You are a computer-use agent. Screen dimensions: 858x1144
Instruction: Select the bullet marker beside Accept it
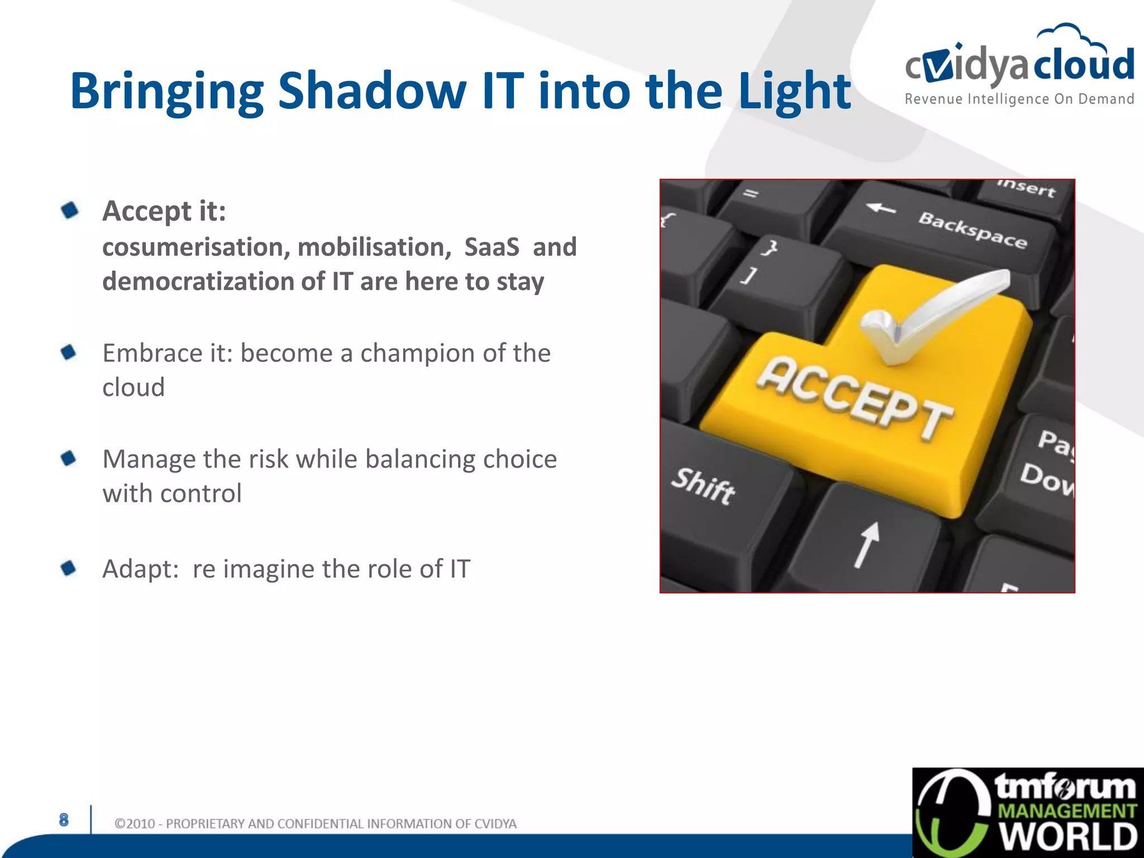[70, 211]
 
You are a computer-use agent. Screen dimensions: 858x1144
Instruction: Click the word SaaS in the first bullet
[492, 247]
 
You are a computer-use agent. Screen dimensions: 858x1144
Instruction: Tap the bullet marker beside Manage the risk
[69, 459]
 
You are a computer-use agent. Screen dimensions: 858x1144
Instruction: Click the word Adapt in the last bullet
[140, 569]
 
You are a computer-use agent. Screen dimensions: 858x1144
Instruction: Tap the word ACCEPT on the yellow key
[855, 397]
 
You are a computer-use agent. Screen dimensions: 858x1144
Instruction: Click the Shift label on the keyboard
[703, 486]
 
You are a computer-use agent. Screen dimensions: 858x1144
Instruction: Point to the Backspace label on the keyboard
[973, 230]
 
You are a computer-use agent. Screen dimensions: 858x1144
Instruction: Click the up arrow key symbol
[866, 544]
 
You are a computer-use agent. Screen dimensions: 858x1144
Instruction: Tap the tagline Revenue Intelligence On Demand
[1019, 99]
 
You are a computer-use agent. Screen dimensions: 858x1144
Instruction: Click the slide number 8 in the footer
[64, 819]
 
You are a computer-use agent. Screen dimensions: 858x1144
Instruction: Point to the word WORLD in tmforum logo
[1068, 836]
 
